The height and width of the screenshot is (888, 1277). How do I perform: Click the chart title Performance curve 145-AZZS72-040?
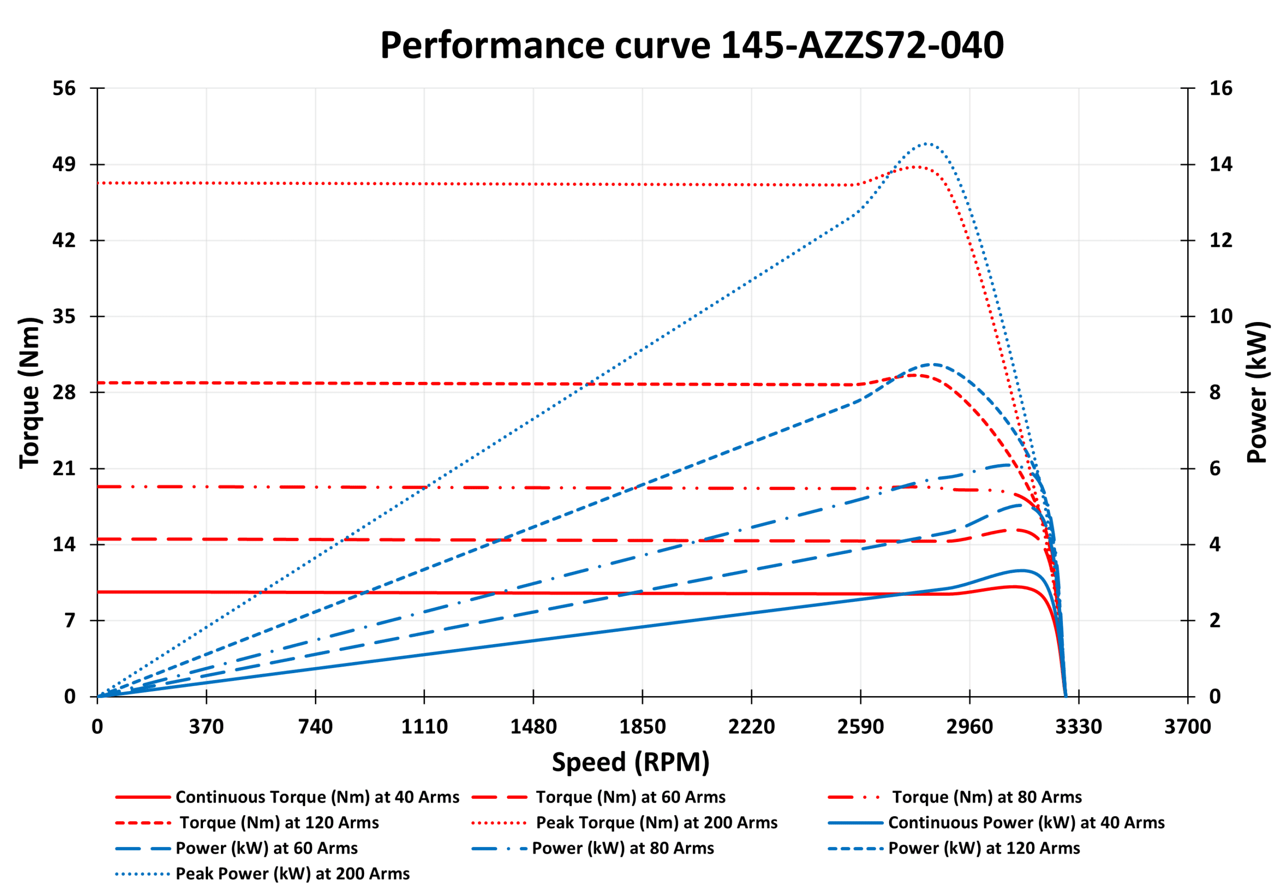tap(691, 45)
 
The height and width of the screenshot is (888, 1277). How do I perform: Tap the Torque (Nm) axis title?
tap(30, 393)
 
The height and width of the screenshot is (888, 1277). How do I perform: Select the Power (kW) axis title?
tap(1257, 392)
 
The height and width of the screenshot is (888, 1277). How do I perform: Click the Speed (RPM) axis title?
tap(630, 762)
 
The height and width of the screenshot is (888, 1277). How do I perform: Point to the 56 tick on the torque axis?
tap(64, 88)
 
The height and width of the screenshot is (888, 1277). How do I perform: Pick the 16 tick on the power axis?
tap(1220, 88)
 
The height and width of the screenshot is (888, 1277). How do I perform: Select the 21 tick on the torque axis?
tap(64, 469)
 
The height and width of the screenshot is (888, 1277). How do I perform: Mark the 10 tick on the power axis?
tap(1220, 317)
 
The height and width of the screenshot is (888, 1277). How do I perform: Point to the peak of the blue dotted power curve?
tap(926, 144)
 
